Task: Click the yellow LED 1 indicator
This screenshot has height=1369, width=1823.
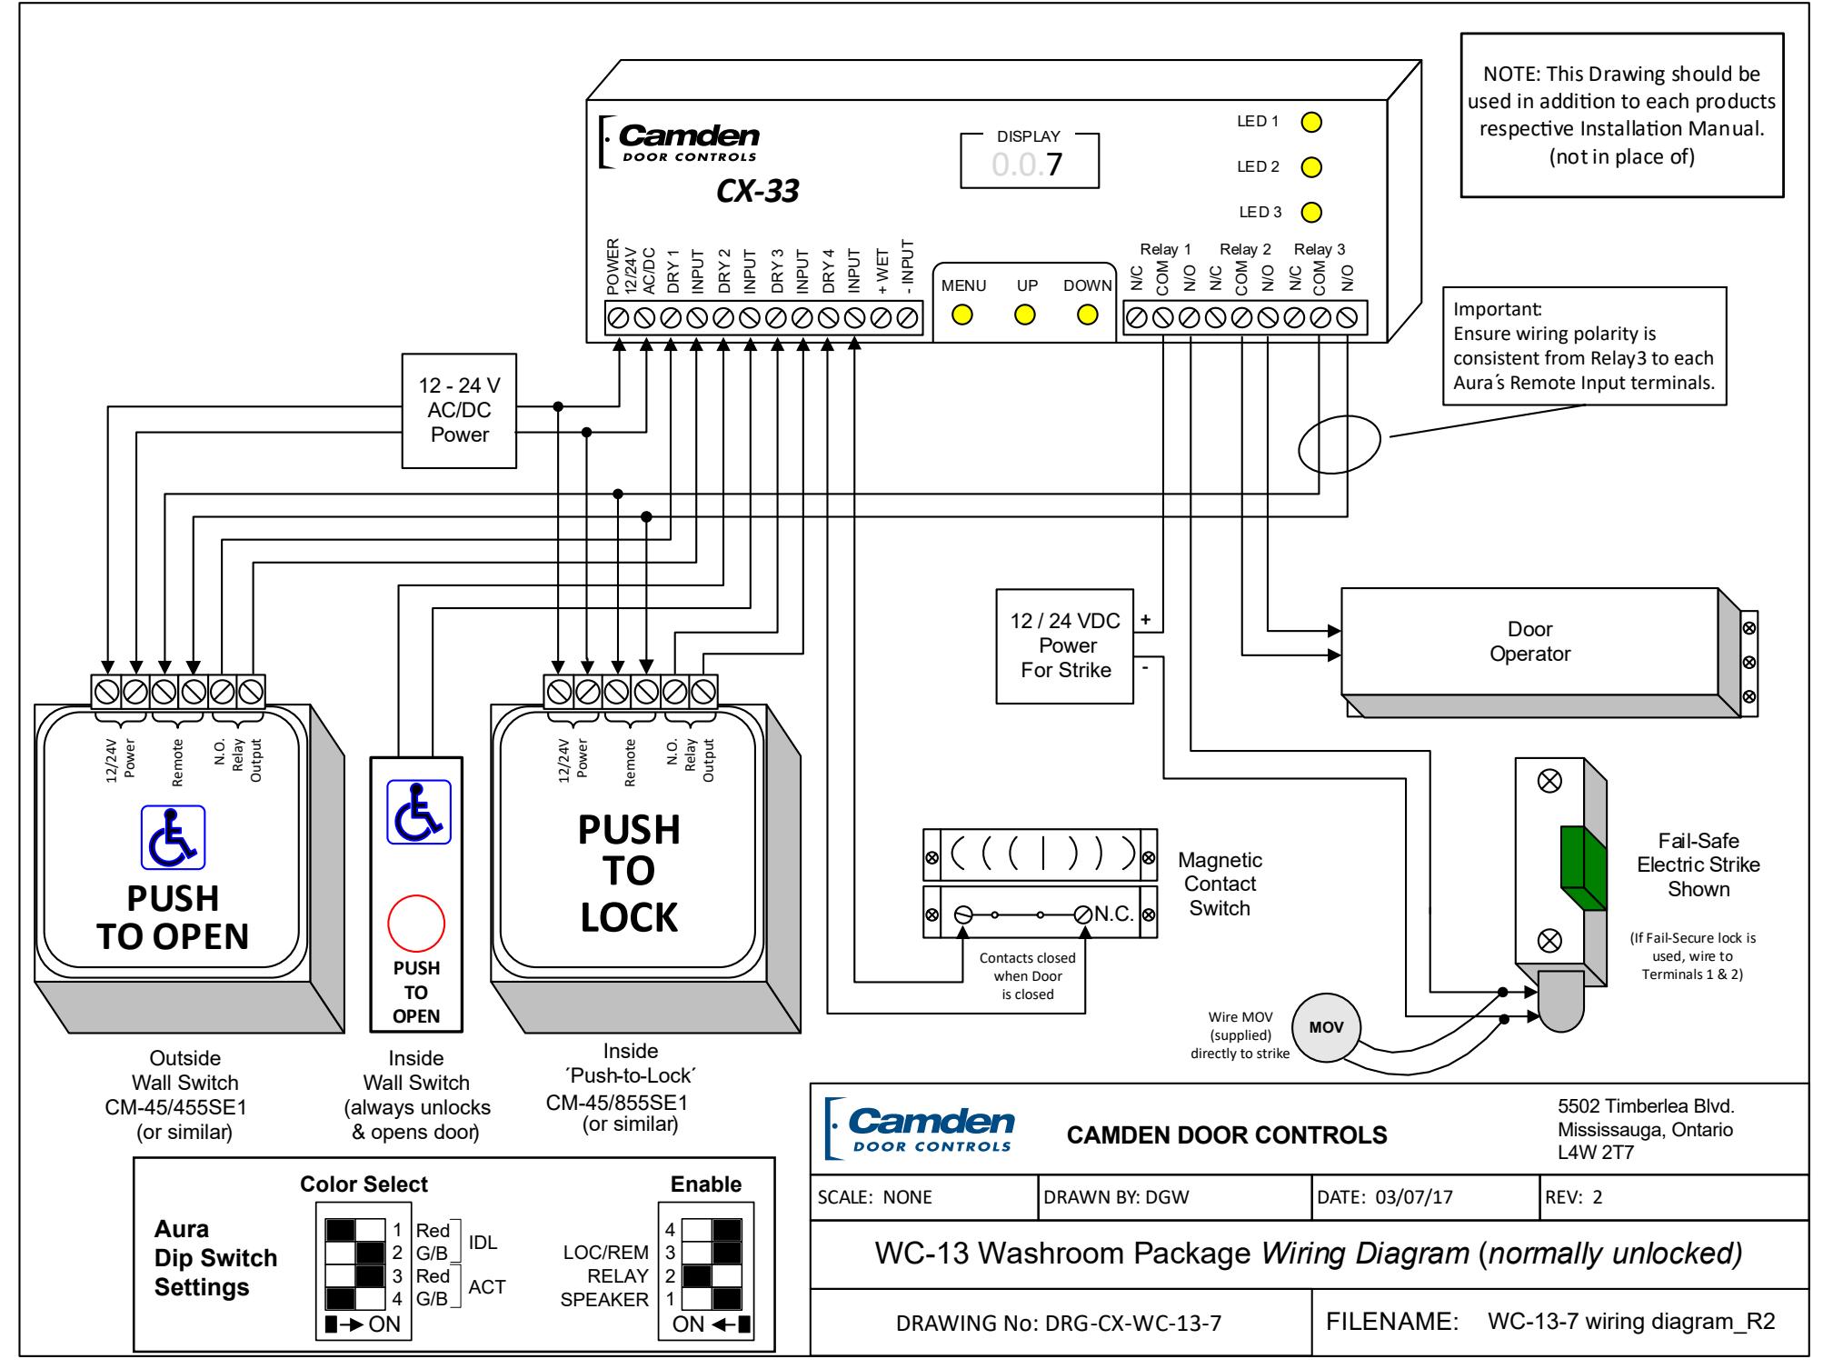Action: click(x=1311, y=122)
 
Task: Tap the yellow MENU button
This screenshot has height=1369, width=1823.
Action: click(x=962, y=315)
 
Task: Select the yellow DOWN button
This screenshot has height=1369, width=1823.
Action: click(x=1088, y=315)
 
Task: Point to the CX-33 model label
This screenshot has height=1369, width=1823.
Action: click(x=758, y=192)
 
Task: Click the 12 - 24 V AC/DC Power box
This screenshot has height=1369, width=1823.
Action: click(x=460, y=411)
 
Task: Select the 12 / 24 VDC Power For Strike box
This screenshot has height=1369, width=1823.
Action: click(x=1066, y=645)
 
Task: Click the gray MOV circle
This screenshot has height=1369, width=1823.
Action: click(x=1319, y=1028)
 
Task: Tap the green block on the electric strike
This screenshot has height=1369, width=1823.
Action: click(x=1583, y=868)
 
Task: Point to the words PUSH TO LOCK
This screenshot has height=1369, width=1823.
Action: click(x=629, y=873)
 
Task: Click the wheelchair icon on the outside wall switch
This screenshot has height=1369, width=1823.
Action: click(x=173, y=837)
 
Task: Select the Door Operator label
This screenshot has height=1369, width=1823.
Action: click(x=1530, y=641)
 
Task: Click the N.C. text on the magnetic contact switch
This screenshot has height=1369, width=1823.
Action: click(x=1114, y=914)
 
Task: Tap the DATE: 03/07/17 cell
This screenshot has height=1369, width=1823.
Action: click(x=1424, y=1197)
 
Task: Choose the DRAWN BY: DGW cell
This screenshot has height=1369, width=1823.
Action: click(x=1174, y=1197)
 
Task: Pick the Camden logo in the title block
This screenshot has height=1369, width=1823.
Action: click(x=919, y=1128)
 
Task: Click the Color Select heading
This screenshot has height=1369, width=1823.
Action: click(x=364, y=1184)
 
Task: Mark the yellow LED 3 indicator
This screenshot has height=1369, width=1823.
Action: click(x=1311, y=213)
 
